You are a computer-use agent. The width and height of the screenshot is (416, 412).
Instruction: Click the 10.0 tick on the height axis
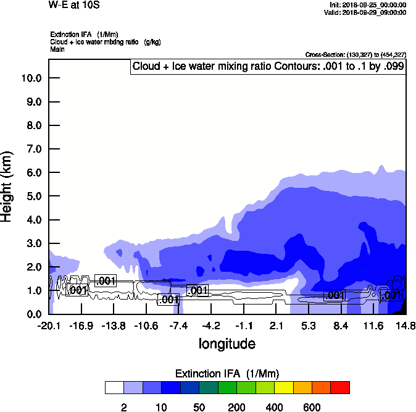pos(31,78)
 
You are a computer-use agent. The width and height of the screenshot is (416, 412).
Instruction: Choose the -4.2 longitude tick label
pos(211,326)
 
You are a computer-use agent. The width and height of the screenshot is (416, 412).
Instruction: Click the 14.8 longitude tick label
pos(406,326)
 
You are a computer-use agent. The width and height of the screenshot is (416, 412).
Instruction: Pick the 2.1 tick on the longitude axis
pos(276,326)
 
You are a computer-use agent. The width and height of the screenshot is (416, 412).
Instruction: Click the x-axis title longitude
pos(227,343)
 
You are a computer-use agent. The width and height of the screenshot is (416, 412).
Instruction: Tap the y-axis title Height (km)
pos(8,186)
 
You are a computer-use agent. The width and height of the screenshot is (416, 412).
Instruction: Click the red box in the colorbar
pos(340,387)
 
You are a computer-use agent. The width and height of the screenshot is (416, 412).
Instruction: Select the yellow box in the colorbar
pos(283,387)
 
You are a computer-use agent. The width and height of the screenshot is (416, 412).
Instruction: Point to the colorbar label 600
pos(312,407)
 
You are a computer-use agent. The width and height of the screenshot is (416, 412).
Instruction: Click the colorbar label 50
pos(199,407)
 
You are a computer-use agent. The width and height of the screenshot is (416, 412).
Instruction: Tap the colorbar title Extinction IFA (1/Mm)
pos(227,374)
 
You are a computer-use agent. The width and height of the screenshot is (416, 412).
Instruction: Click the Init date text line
pos(368,4)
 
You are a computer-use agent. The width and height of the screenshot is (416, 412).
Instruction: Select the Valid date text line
pos(367,12)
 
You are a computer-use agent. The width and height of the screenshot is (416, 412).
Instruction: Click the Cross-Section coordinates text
pos(356,54)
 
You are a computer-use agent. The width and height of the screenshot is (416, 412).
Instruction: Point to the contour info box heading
pos(268,66)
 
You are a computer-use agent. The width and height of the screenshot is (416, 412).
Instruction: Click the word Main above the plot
pos(57,49)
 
